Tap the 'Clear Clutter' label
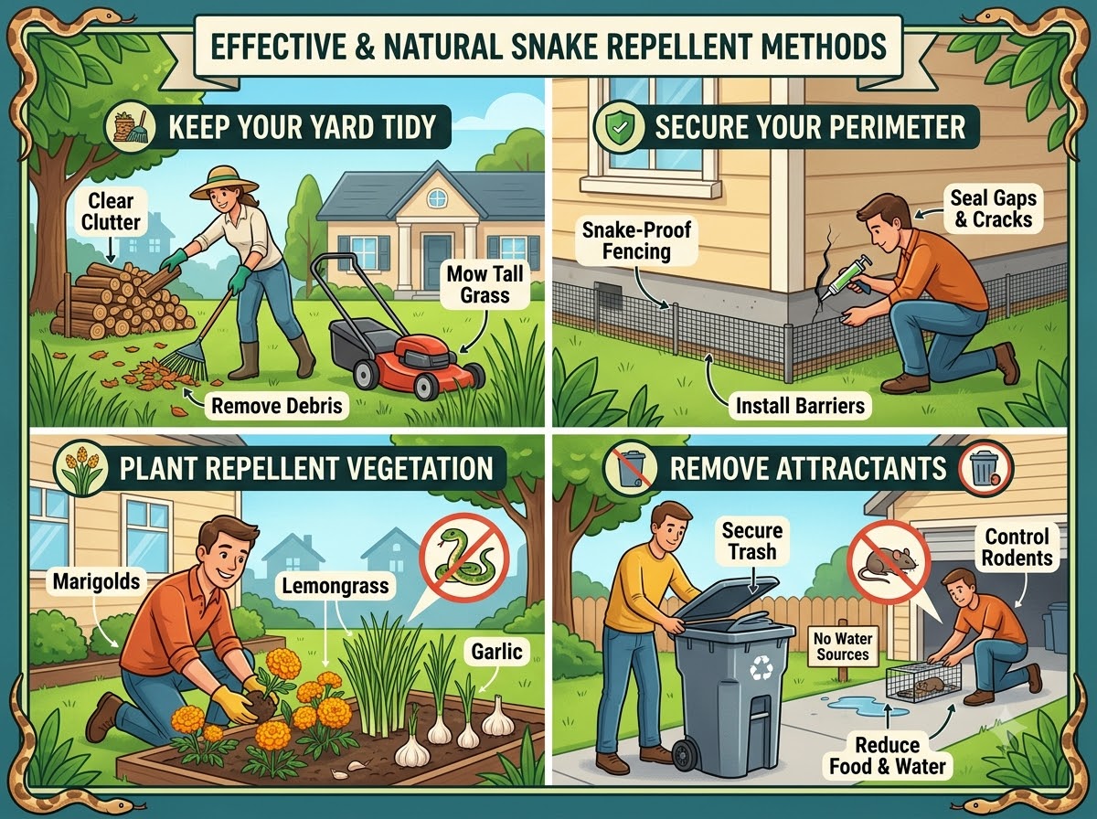[111, 211]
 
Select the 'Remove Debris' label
[277, 405]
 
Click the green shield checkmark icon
[618, 126]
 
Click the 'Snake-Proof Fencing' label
[636, 240]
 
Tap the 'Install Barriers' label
[800, 405]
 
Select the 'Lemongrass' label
[335, 586]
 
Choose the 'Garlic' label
[496, 651]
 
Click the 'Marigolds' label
[97, 581]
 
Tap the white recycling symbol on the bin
[761, 668]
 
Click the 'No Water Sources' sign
[843, 646]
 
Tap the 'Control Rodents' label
[1017, 548]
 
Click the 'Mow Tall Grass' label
[485, 284]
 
